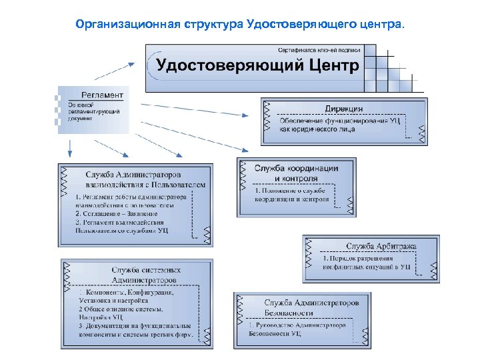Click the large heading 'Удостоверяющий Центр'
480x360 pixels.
pyautogui.click(x=257, y=65)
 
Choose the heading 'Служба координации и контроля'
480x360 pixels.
pyautogui.click(x=297, y=173)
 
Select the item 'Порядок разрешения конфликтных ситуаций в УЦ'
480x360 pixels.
pyautogui.click(x=367, y=262)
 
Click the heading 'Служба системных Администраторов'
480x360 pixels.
pyautogui.click(x=146, y=275)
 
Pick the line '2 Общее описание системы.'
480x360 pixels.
pyautogui.click(x=121, y=309)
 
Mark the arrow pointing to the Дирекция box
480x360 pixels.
pyautogui.click(x=200, y=111)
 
